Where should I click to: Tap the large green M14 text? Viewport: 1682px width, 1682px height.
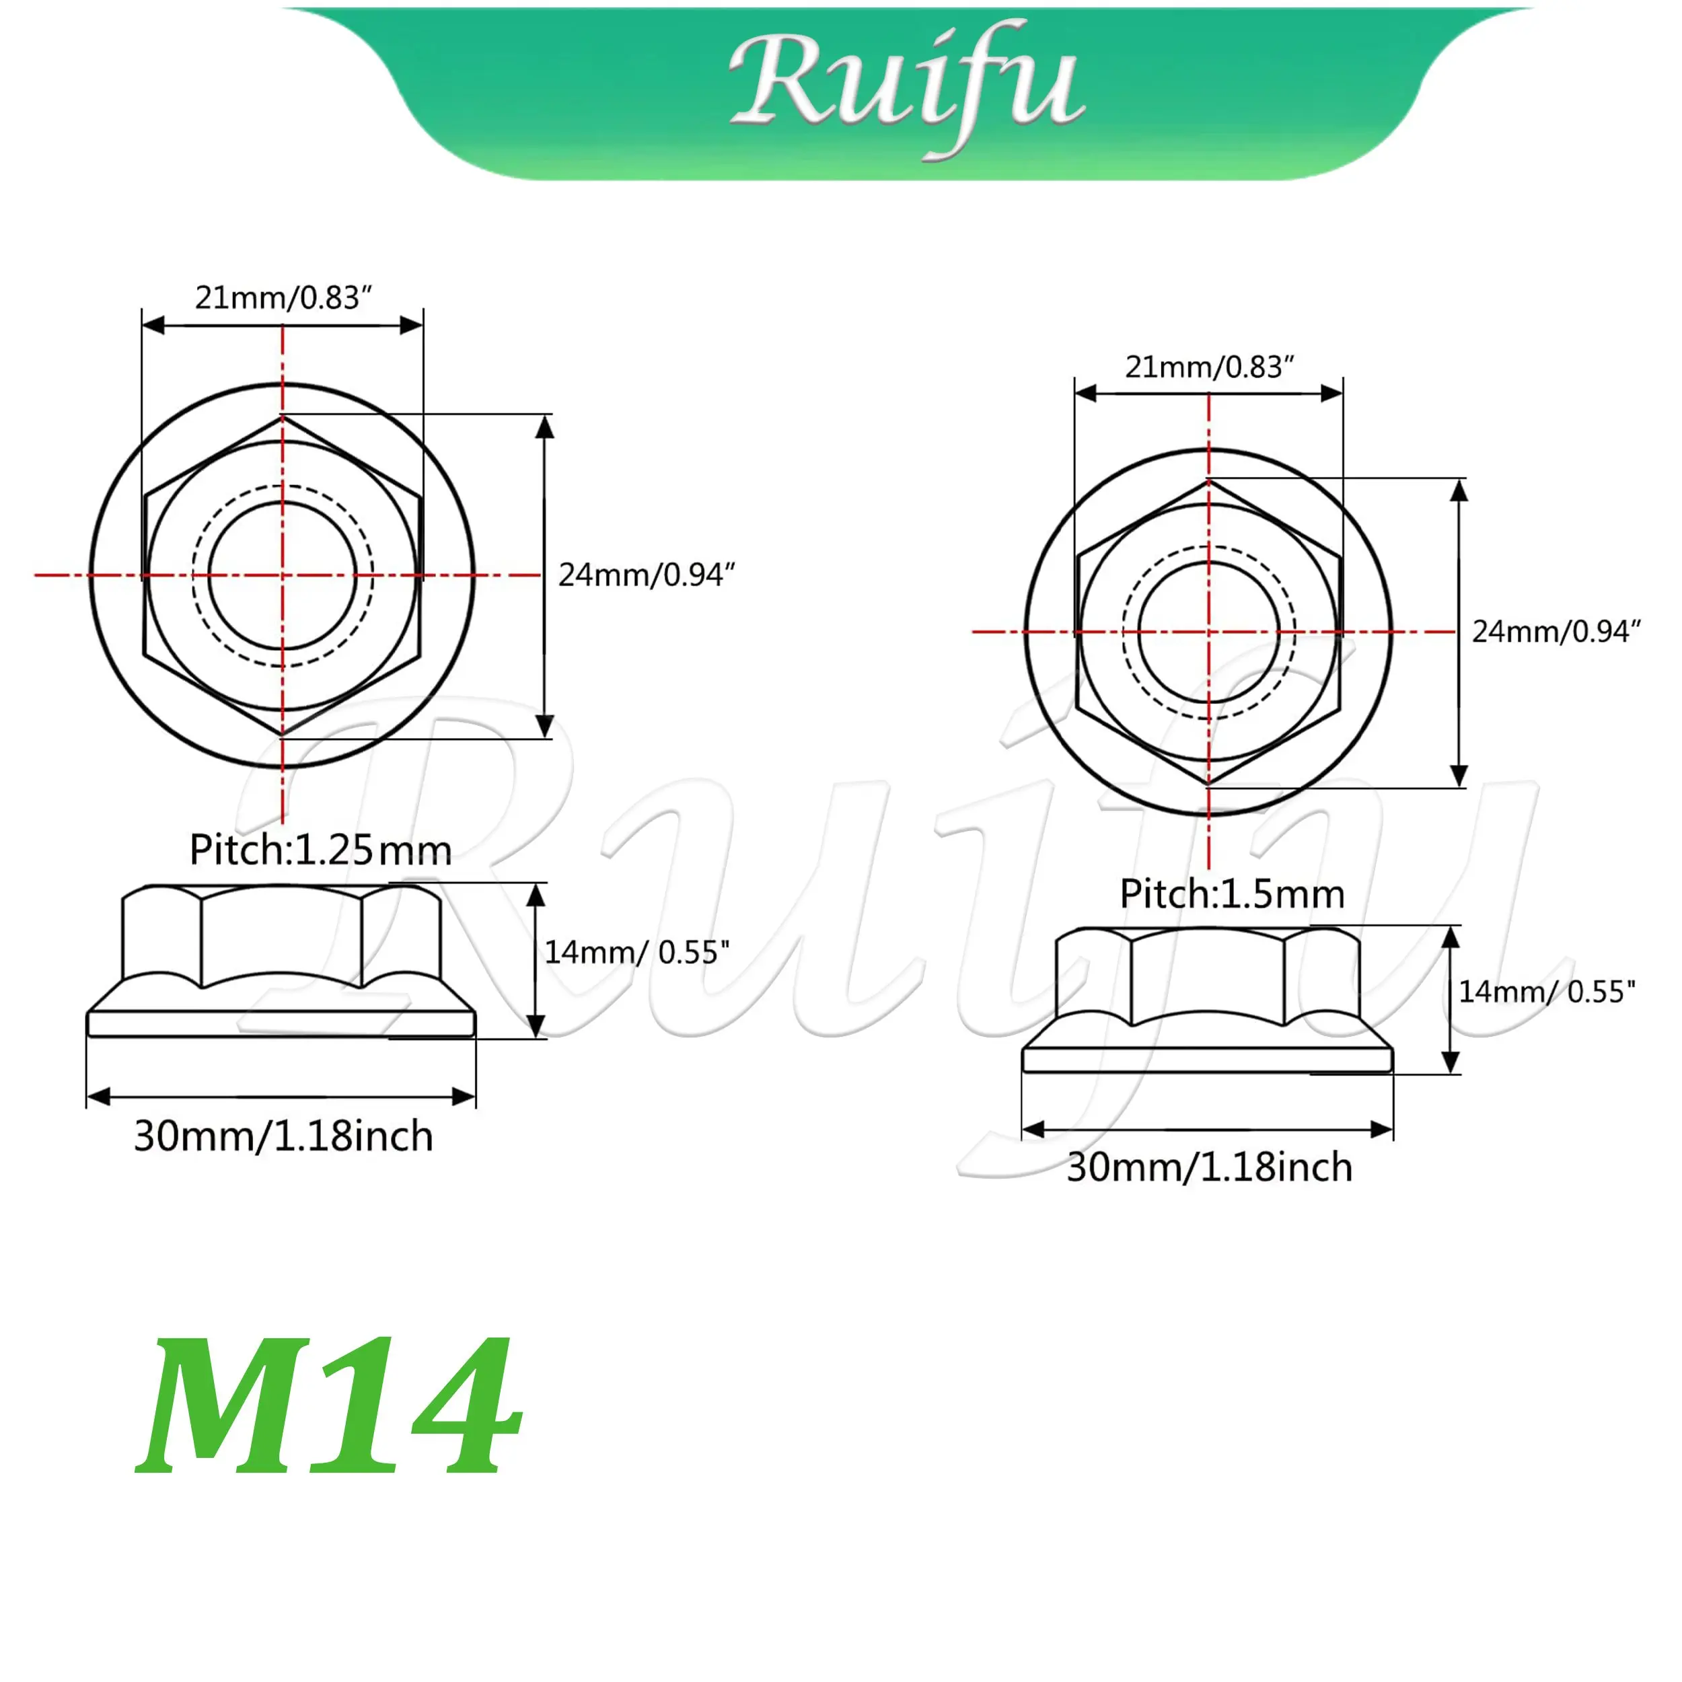pos(329,1407)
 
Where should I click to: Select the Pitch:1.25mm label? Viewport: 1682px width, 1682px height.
pos(320,850)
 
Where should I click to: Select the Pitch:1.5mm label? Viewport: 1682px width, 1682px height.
pos(1232,894)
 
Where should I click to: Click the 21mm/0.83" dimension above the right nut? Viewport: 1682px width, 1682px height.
pos(1209,367)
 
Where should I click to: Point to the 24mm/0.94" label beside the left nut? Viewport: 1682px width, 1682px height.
pos(646,575)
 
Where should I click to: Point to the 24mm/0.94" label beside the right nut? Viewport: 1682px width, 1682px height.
pos(1556,632)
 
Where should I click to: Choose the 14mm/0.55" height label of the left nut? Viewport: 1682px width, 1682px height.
pos(636,953)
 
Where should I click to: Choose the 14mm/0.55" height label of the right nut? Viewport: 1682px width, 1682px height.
pos(1546,992)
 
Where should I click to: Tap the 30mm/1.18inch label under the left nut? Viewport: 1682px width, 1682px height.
pos(283,1137)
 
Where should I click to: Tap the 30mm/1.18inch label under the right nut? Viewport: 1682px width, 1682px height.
pos(1209,1167)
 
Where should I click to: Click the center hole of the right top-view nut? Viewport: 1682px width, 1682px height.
pos(1209,632)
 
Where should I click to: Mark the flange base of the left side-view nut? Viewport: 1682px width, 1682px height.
pos(281,1024)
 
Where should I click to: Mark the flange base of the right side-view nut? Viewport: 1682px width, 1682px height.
pos(1208,1060)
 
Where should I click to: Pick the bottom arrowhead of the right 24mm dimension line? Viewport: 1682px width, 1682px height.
pos(1459,775)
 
